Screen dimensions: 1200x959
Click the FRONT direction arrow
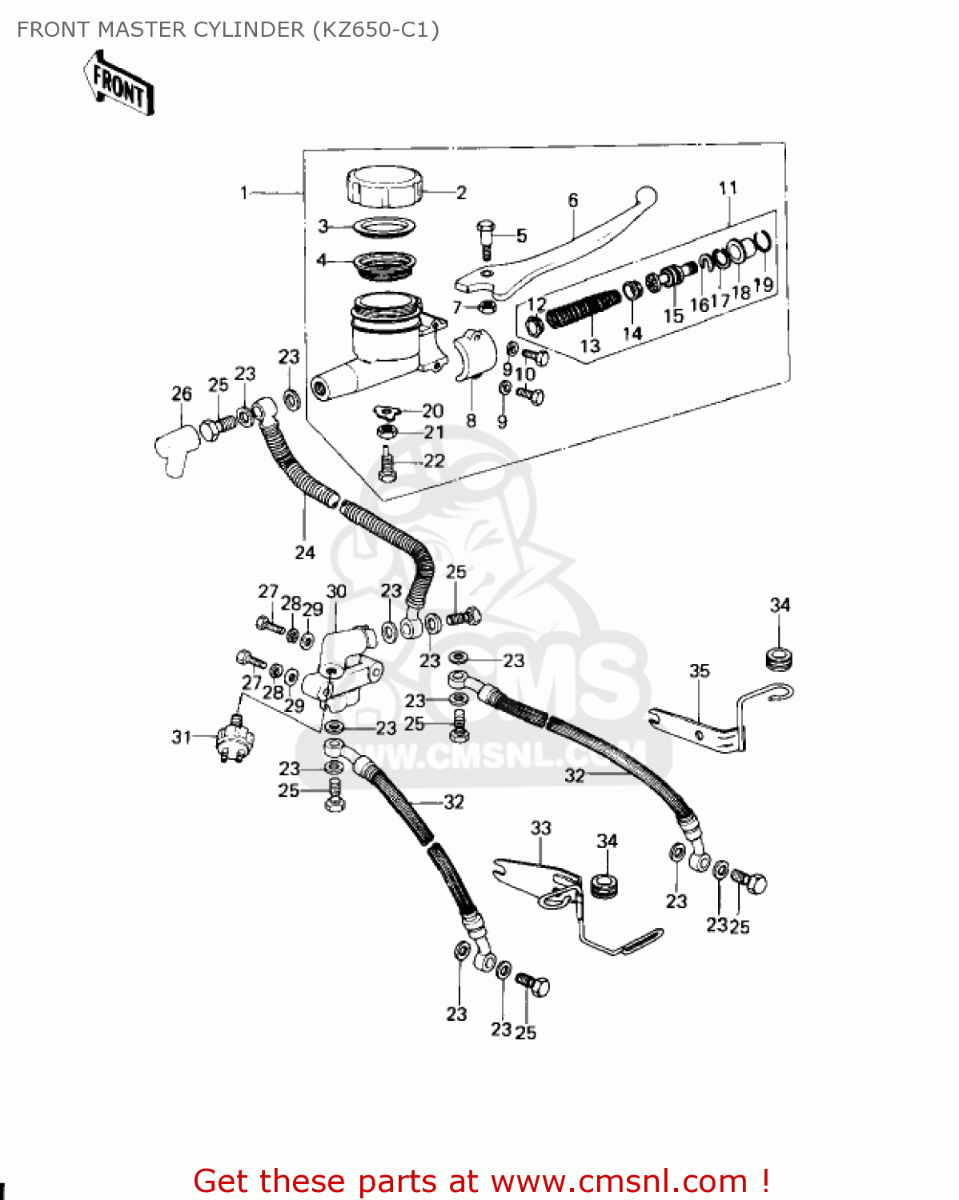tap(118, 83)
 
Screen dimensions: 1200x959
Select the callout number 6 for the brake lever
tap(573, 200)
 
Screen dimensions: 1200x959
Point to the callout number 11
tap(728, 188)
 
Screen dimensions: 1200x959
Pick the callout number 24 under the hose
tap(305, 552)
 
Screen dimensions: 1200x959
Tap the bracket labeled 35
tap(704, 724)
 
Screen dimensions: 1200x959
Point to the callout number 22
tap(434, 461)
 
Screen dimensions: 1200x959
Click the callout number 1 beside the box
tap(244, 193)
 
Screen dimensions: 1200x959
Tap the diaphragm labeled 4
tap(385, 264)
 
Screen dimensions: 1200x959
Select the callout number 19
tap(764, 285)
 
